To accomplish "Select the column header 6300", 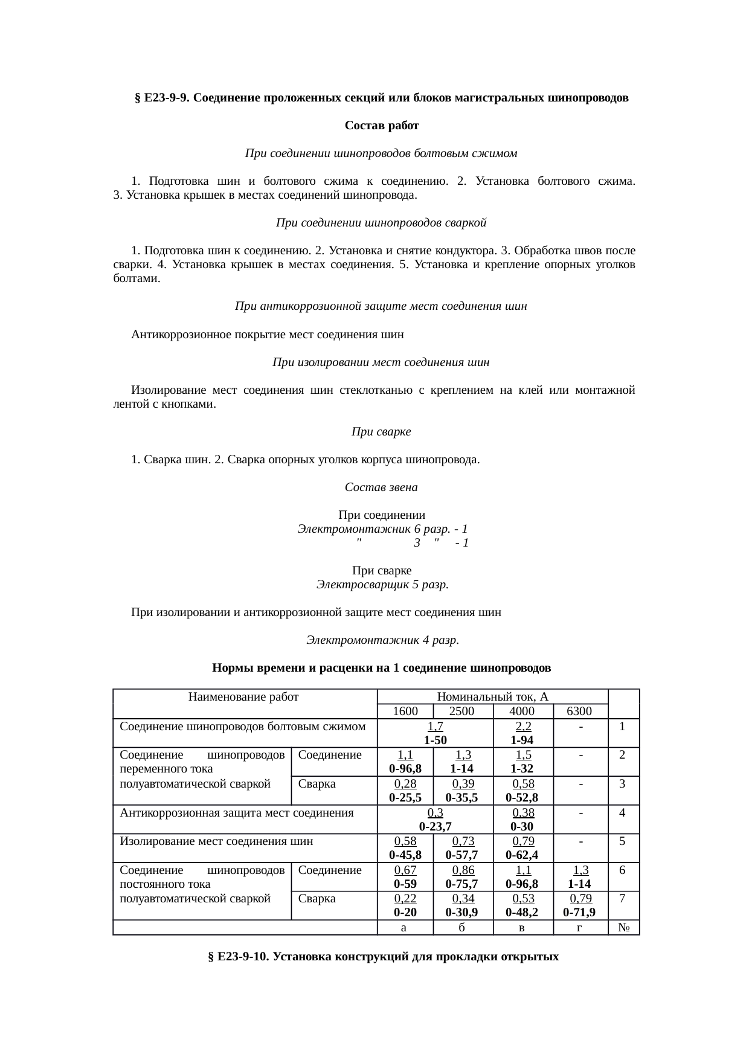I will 579,711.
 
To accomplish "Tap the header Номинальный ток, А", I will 492,696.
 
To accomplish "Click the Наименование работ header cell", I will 243,696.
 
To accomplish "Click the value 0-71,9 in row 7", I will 579,912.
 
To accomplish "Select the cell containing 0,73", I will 463,841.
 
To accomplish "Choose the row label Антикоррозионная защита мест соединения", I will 236,812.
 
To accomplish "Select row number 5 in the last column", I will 622,841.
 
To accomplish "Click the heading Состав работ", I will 382,126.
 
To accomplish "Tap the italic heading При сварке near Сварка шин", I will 381,432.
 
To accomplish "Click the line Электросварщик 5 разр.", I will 382,585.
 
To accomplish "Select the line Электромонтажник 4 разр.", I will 382,640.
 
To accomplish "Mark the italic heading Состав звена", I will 381,487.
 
